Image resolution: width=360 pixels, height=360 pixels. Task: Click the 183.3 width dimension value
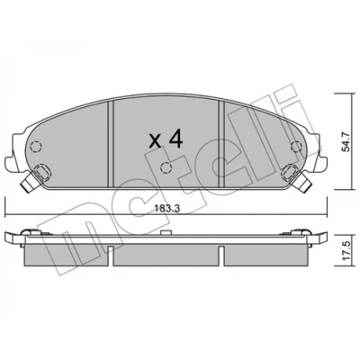[167, 209]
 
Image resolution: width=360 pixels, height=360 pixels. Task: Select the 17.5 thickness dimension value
[346, 252]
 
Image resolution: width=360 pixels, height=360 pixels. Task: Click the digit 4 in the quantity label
[175, 139]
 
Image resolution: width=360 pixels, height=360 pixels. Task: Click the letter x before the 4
[156, 141]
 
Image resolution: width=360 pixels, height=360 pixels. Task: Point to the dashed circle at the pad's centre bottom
[166, 167]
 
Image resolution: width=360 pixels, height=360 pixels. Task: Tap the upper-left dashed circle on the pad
[36, 147]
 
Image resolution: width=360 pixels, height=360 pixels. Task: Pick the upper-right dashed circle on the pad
[296, 146]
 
